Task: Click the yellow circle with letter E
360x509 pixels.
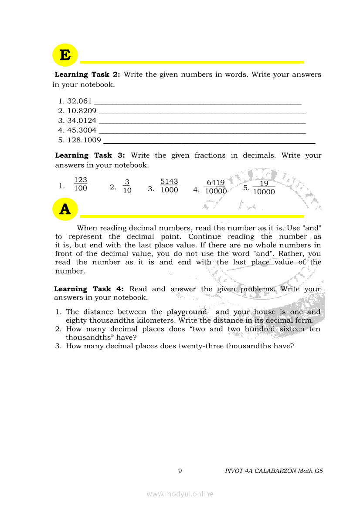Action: click(65, 56)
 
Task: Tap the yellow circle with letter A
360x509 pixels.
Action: click(65, 209)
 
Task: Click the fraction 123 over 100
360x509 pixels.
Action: click(80, 185)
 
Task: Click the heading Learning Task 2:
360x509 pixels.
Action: click(90, 74)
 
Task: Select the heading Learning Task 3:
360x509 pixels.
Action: click(90, 155)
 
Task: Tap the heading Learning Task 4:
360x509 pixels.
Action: click(89, 289)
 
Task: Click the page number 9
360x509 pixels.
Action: click(180, 471)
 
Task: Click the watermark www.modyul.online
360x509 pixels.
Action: click(180, 494)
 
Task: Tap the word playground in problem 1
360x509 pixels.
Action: click(187, 312)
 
